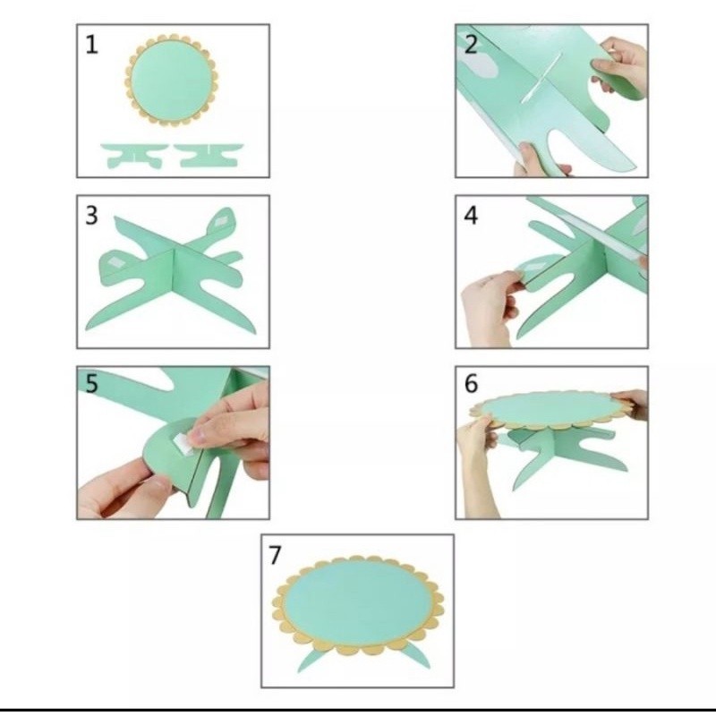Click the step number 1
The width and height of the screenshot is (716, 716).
click(x=92, y=46)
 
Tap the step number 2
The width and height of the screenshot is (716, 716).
click(x=471, y=45)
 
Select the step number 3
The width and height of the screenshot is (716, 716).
click(x=92, y=216)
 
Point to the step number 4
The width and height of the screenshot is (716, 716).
click(x=471, y=216)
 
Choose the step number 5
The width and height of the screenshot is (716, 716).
click(x=92, y=384)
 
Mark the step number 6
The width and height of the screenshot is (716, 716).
click(x=472, y=384)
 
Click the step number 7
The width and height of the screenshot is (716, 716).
click(x=275, y=555)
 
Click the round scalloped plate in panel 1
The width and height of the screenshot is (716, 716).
click(x=171, y=81)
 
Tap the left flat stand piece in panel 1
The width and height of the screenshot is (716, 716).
click(x=133, y=155)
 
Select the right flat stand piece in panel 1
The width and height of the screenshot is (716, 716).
click(x=209, y=155)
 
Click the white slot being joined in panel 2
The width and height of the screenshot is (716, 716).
click(x=541, y=77)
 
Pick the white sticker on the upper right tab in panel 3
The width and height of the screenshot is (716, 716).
click(x=221, y=222)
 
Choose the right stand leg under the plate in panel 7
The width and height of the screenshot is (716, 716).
click(x=415, y=656)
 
